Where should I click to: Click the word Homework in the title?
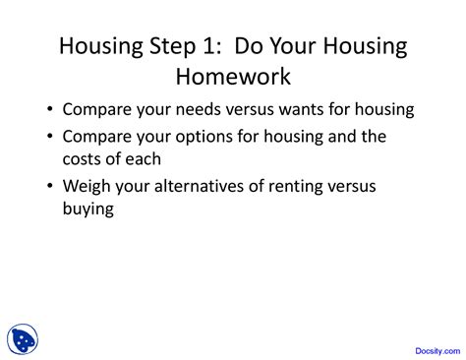pos(233,76)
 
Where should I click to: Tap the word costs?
pos(88,159)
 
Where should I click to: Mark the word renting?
pos(293,186)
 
